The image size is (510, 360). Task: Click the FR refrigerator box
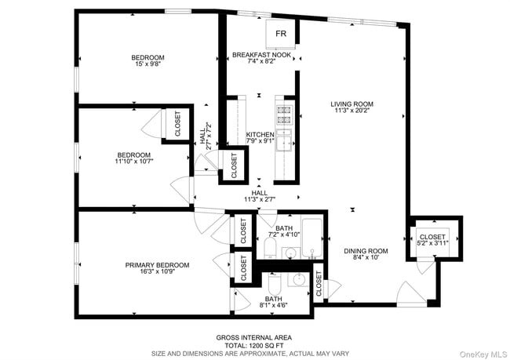(x=280, y=35)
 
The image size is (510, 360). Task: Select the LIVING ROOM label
(x=351, y=104)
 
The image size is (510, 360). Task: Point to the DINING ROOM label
(x=366, y=252)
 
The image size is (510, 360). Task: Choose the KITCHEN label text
(x=260, y=135)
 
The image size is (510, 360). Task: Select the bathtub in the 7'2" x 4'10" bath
(x=311, y=239)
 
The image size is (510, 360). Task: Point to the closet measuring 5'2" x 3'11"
(x=432, y=241)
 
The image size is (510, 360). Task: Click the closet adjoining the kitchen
(x=234, y=162)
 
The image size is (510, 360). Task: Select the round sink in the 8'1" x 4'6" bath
(x=299, y=281)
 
